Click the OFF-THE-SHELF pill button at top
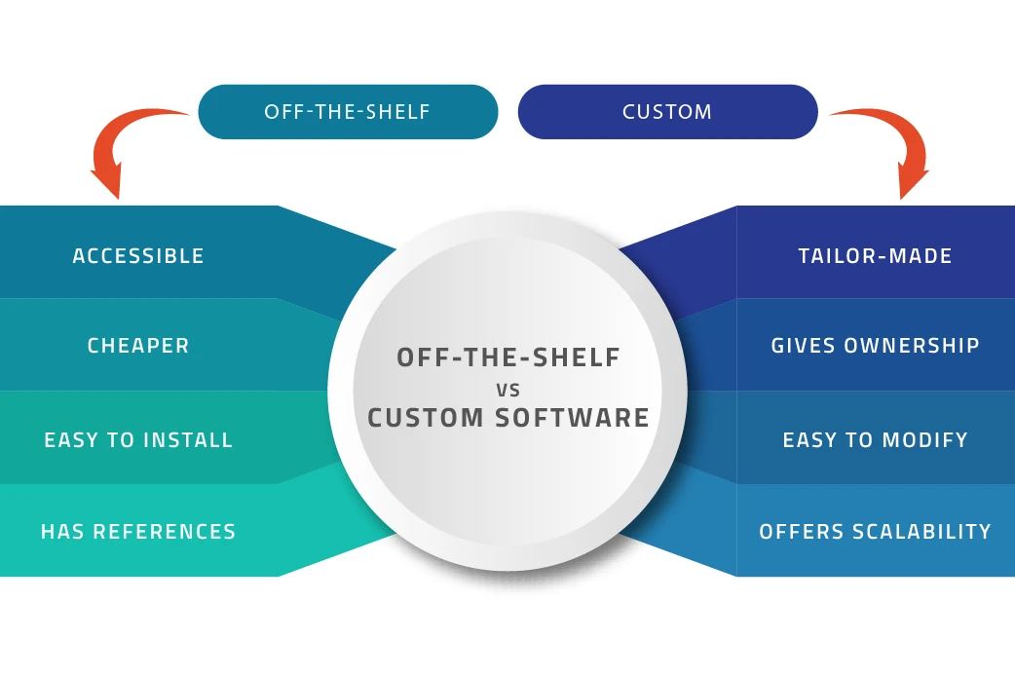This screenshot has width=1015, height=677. click(347, 112)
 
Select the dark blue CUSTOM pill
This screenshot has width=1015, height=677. click(667, 112)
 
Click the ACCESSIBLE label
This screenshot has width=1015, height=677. click(138, 256)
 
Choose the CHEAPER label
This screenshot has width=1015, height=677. click(138, 346)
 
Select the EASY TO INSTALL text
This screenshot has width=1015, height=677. click(138, 440)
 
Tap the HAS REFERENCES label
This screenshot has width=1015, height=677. click(138, 532)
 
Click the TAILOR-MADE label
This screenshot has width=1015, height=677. click(875, 256)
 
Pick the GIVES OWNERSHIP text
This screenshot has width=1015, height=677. click(875, 346)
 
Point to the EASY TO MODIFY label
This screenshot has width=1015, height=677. click(875, 440)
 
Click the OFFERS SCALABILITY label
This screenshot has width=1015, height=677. click(875, 532)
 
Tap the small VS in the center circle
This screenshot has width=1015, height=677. click(507, 390)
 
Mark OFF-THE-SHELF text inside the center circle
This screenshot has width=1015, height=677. click(507, 357)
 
